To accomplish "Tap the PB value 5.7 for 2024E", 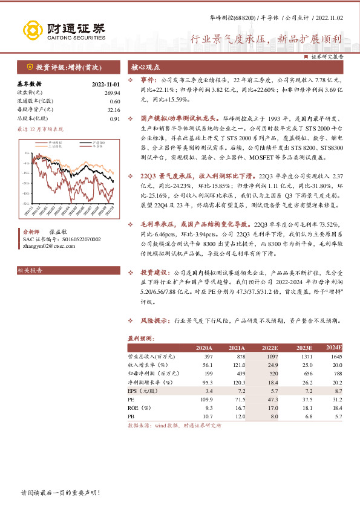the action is tap(338, 417).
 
